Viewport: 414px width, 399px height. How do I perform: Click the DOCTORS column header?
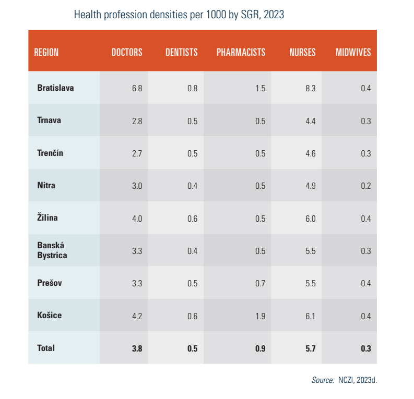pyautogui.click(x=127, y=52)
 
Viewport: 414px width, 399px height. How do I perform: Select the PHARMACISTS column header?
pyautogui.click(x=241, y=52)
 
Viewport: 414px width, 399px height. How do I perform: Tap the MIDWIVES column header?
pyautogui.click(x=353, y=52)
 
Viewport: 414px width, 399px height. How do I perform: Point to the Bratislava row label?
pyautogui.click(x=55, y=88)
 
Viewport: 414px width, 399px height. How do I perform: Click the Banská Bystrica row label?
pyautogui.click(x=52, y=250)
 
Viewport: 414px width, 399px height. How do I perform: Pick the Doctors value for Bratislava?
pyautogui.click(x=137, y=88)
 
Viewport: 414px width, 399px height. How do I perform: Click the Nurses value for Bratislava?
pyautogui.click(x=310, y=88)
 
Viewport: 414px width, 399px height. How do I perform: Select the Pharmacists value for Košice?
pyautogui.click(x=260, y=316)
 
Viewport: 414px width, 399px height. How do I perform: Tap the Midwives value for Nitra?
pyautogui.click(x=365, y=186)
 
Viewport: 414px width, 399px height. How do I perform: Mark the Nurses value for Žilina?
pyautogui.click(x=310, y=219)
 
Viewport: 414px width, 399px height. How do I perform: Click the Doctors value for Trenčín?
pyautogui.click(x=137, y=153)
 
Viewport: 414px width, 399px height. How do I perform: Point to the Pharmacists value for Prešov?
pyautogui.click(x=260, y=284)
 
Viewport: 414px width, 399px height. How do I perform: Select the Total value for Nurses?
pyautogui.click(x=310, y=348)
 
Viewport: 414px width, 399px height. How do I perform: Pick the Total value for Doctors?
pyautogui.click(x=137, y=348)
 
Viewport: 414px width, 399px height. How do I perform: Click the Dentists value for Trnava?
pyautogui.click(x=192, y=121)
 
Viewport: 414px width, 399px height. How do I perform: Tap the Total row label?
pyautogui.click(x=46, y=348)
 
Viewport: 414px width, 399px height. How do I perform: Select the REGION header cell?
pyautogui.click(x=46, y=52)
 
